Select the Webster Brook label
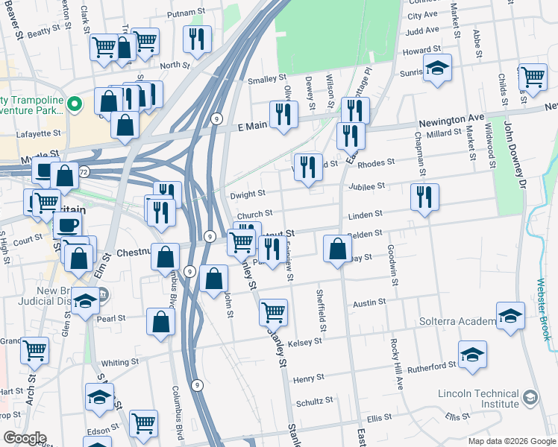[x=543, y=310]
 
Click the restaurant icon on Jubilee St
[x=424, y=197]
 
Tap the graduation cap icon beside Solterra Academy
[x=510, y=315]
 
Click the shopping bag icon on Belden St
[x=337, y=247]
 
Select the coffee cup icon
[x=66, y=225]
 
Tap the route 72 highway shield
[x=84, y=172]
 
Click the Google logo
[x=25, y=438]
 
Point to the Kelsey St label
[x=307, y=341]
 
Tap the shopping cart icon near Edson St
[x=143, y=422]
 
